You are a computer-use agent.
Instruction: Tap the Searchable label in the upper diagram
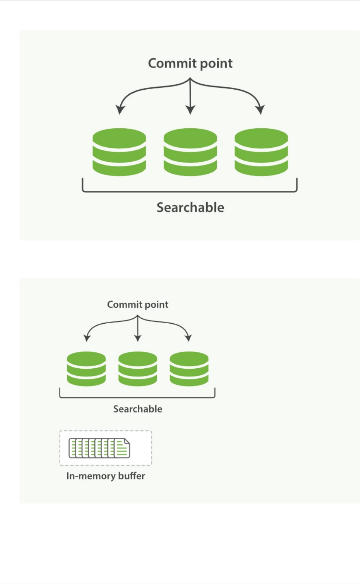(x=190, y=208)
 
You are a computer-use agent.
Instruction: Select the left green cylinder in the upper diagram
(x=119, y=152)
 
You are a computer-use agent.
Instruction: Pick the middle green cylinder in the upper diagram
(x=190, y=152)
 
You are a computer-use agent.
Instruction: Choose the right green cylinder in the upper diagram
(x=261, y=152)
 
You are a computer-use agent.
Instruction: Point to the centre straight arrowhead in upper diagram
(x=190, y=110)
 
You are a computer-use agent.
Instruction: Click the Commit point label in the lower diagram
(x=137, y=305)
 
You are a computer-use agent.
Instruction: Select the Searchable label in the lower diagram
(x=137, y=409)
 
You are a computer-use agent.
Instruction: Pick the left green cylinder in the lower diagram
(x=86, y=369)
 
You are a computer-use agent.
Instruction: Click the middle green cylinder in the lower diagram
(x=137, y=369)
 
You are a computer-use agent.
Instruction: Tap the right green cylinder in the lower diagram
(x=189, y=369)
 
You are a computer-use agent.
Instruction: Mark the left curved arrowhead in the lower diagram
(x=87, y=338)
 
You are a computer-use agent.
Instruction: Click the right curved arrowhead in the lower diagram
(x=188, y=338)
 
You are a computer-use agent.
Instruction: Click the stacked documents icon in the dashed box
(x=99, y=448)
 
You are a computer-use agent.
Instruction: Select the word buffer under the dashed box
(x=131, y=476)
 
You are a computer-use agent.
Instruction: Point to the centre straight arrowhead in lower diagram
(x=137, y=338)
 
